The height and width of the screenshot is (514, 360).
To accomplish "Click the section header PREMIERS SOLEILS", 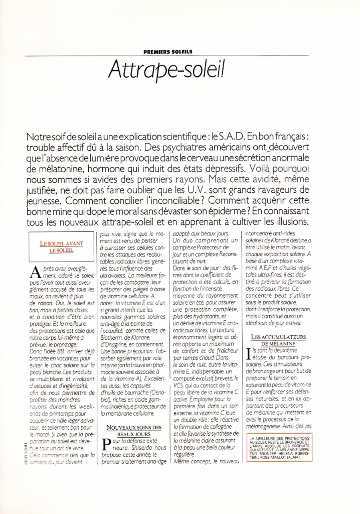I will click(x=168, y=51).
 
